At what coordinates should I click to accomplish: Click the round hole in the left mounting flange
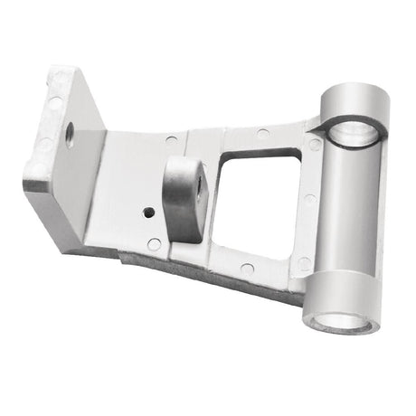[70, 135]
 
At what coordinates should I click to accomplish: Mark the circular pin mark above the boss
[172, 141]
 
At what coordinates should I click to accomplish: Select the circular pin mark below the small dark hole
[154, 244]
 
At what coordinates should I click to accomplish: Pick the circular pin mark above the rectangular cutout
[262, 134]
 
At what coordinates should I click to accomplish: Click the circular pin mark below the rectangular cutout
[247, 269]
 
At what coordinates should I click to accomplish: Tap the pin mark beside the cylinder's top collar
[314, 145]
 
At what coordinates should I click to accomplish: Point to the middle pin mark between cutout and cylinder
[310, 200]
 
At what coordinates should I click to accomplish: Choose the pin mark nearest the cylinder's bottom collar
[304, 263]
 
